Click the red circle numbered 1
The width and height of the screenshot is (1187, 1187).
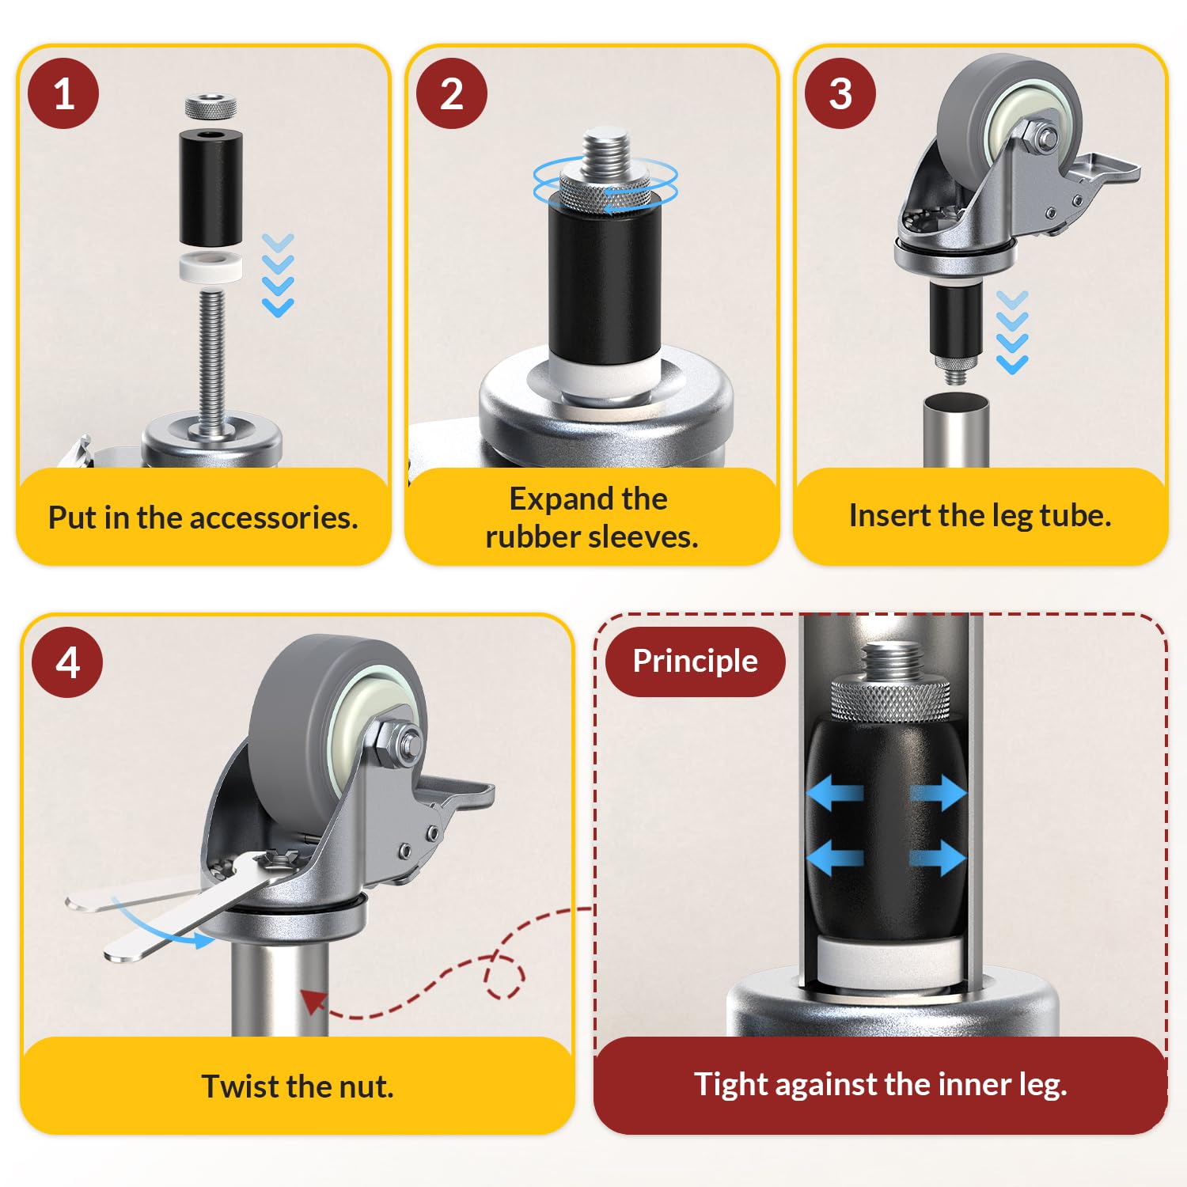click(x=63, y=93)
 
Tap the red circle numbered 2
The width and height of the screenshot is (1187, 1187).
click(x=452, y=93)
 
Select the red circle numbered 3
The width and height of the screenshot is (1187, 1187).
click(x=840, y=93)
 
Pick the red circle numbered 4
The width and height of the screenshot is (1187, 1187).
click(x=67, y=662)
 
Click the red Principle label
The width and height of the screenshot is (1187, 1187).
click(x=695, y=662)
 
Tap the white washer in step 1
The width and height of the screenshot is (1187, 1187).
click(x=210, y=267)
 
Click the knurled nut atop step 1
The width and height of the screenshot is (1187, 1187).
click(x=210, y=105)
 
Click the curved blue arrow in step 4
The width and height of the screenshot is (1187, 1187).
click(x=158, y=926)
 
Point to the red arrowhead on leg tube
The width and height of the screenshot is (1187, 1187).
click(x=313, y=1001)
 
